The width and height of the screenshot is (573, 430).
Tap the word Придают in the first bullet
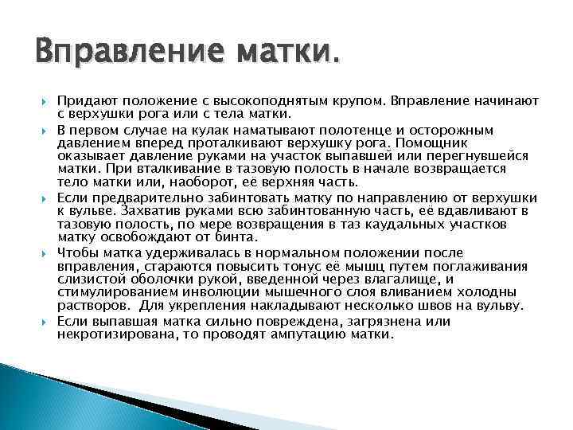click(x=85, y=101)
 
